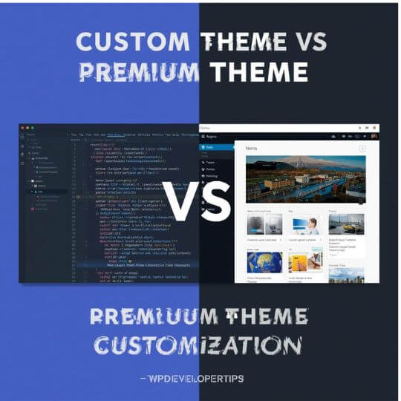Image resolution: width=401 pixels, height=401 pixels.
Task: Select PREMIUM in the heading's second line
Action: pyautogui.click(x=138, y=72)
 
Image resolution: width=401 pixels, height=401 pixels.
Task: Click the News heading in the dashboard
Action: pyautogui.click(x=272, y=149)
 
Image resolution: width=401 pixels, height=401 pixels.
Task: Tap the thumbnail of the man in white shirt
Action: pyautogui.click(x=305, y=224)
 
